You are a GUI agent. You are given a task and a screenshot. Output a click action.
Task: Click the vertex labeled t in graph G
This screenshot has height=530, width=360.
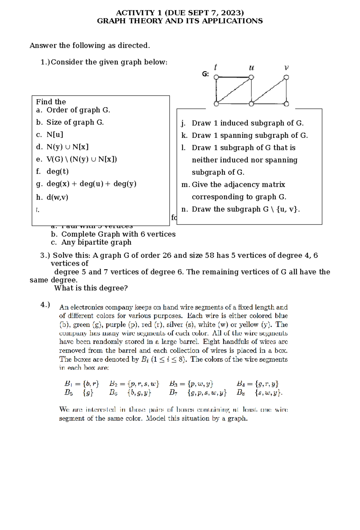pos(216,77)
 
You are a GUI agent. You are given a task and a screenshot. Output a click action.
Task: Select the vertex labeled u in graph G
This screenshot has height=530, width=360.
pos(251,77)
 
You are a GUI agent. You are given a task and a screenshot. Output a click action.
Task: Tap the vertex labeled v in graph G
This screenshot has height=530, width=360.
pos(286,77)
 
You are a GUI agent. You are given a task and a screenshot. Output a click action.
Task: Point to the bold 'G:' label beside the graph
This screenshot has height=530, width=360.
pos(205,74)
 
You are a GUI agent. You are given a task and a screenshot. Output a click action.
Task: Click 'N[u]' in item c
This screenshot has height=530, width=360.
pos(55,135)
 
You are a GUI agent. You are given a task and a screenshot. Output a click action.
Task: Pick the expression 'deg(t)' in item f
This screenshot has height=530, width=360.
pos(58,171)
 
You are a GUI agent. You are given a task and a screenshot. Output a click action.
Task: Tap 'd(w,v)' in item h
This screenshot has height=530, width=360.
pos(57,197)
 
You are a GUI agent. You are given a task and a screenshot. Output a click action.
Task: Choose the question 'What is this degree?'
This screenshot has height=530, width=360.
pos(91,288)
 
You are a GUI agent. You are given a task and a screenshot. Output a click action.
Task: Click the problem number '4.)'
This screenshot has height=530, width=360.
pos(45,305)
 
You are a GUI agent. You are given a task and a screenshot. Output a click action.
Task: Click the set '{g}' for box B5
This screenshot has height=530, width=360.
pos(88,392)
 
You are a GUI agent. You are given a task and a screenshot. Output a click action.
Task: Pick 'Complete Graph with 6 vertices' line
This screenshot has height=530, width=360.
pos(118,234)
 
